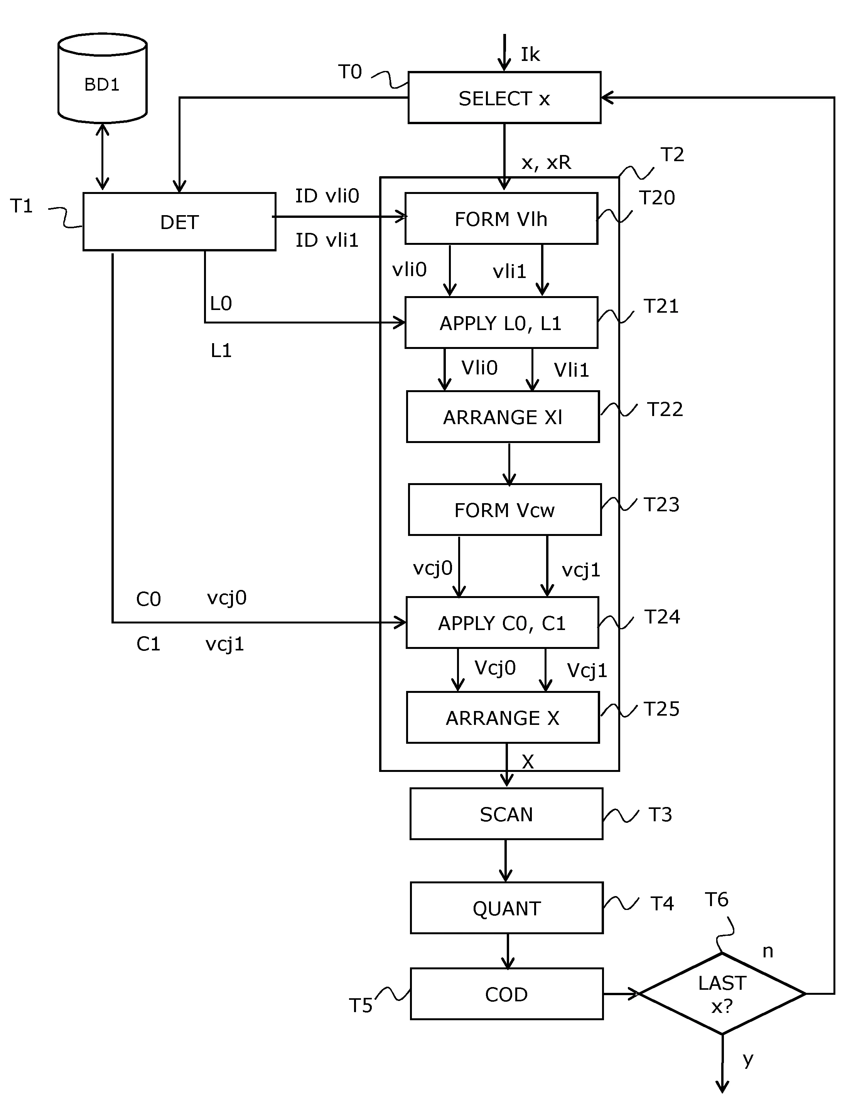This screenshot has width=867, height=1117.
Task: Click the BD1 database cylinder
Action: pos(102,79)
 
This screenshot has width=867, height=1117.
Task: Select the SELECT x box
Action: pos(504,98)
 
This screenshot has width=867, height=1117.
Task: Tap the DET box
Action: pos(179,221)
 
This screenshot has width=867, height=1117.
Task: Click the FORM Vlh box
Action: pos(501,218)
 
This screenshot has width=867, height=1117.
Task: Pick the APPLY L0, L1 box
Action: pos(501,323)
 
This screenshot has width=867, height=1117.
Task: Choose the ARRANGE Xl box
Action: pos(502,417)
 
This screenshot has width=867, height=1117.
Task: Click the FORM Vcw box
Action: pos(504,510)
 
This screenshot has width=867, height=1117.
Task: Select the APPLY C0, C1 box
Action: pos(502,623)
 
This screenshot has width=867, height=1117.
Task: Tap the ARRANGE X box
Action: pos(502,718)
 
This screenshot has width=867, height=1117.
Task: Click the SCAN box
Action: pos(506,814)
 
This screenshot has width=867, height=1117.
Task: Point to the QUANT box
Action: pos(506,908)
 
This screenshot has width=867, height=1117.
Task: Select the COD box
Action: pos(506,994)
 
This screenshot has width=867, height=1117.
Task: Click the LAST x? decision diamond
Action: pos(722,994)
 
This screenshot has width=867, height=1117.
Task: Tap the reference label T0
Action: pos(350,72)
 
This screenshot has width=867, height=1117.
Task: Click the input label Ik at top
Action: pos(530,54)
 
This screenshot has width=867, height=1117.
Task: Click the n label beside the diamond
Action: pos(767,951)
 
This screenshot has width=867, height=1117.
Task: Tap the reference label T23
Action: pos(661,505)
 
